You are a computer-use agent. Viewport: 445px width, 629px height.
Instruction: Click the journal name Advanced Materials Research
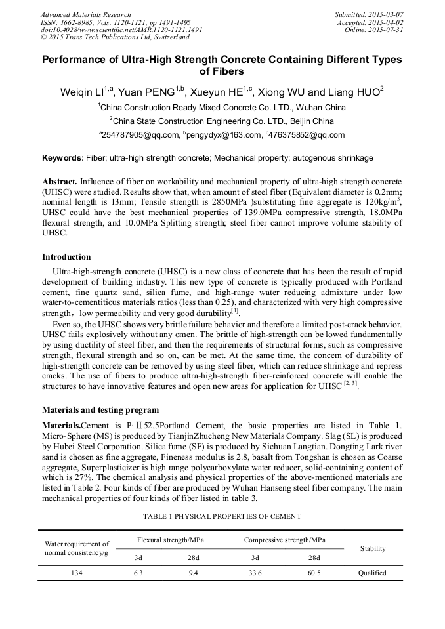[x=85, y=14]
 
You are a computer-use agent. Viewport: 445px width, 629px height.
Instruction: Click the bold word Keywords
[x=62, y=158]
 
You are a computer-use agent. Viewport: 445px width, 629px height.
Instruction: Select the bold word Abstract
[x=60, y=180]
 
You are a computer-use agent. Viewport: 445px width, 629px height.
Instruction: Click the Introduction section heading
[x=66, y=256]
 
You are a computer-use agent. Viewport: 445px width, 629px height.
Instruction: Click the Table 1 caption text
[x=222, y=516]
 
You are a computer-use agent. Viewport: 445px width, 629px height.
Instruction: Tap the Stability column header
[x=372, y=548]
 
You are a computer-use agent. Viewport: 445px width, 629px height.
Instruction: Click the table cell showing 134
[x=76, y=573]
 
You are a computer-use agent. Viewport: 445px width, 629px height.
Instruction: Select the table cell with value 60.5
[x=314, y=573]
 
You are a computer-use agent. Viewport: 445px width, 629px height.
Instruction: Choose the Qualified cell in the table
[x=372, y=573]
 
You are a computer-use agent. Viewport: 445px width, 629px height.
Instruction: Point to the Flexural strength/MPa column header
[x=170, y=540]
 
